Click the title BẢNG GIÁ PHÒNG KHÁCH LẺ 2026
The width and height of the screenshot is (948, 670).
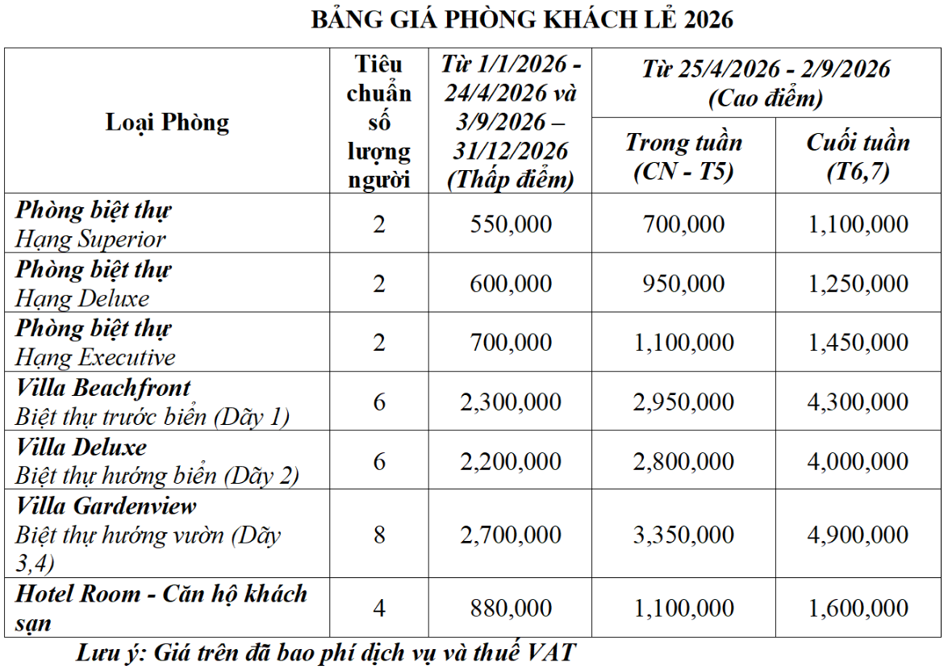pyautogui.click(x=522, y=19)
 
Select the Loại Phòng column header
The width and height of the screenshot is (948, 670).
pyautogui.click(x=167, y=122)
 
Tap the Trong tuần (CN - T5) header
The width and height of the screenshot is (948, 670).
pyautogui.click(x=683, y=156)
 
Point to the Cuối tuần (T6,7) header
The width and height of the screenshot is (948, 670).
pyautogui.click(x=858, y=156)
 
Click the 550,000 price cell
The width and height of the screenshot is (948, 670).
pyautogui.click(x=511, y=224)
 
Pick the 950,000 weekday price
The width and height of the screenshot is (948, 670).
pyautogui.click(x=683, y=284)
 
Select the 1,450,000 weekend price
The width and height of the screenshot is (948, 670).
pyautogui.click(x=858, y=343)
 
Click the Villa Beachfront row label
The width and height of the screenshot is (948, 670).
pyautogui.click(x=103, y=387)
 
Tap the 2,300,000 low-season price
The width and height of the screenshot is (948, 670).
pyautogui.click(x=511, y=402)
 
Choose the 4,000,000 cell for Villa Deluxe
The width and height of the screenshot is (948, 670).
pyautogui.click(x=858, y=461)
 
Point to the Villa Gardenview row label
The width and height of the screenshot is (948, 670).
pyautogui.click(x=106, y=506)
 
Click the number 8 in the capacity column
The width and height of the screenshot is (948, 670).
pyautogui.click(x=379, y=535)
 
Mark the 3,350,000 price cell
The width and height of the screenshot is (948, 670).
pyautogui.click(x=683, y=535)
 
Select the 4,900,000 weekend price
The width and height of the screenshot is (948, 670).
pyautogui.click(x=858, y=535)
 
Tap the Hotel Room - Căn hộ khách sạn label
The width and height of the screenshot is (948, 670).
pyautogui.click(x=161, y=607)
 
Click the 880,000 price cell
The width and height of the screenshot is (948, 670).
pyautogui.click(x=511, y=608)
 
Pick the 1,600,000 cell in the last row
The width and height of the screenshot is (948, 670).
pyautogui.click(x=858, y=608)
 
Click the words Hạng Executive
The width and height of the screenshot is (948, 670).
pyautogui.click(x=95, y=357)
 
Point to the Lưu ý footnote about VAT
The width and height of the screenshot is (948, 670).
pyautogui.click(x=326, y=652)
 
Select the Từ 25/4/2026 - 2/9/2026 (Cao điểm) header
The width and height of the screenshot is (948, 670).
pyautogui.click(x=766, y=83)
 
